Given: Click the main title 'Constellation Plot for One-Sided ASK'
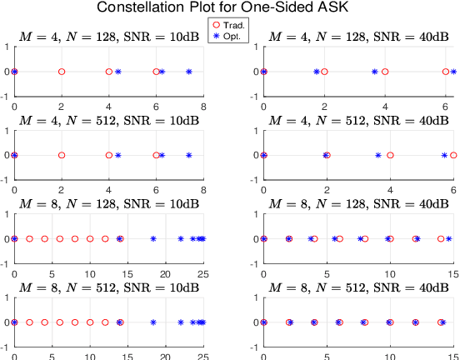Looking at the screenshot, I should click(229, 8).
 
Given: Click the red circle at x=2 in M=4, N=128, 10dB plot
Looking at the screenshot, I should click(62, 72).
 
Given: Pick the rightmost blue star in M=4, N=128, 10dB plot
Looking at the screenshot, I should click(188, 72).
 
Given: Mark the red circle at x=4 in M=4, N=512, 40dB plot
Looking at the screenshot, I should click(390, 155).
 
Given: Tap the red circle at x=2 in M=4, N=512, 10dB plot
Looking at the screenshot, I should click(62, 155).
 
